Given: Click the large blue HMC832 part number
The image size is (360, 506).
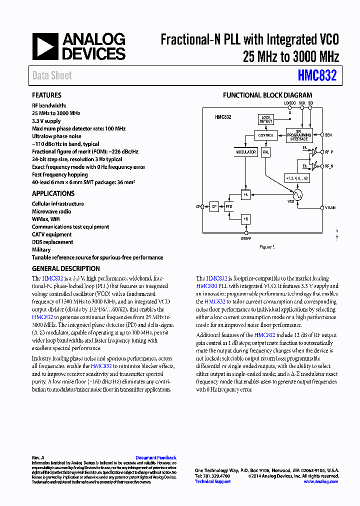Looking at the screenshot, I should click(x=317, y=76).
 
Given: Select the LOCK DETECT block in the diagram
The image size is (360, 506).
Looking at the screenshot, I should click(x=266, y=119).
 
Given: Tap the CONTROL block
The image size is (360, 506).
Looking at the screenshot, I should click(x=265, y=135).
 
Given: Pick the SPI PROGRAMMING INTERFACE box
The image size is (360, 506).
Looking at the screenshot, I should click(x=299, y=135).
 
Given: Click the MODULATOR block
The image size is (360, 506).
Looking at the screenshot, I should click(x=245, y=152).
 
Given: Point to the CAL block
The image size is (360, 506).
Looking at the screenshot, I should click(x=266, y=152).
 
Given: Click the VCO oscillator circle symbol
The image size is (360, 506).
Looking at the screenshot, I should click(x=297, y=195).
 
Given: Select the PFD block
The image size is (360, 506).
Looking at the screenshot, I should click(x=229, y=206).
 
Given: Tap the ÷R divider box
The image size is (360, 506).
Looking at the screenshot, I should click(x=245, y=219).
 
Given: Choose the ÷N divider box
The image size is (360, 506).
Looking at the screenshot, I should click(x=245, y=195).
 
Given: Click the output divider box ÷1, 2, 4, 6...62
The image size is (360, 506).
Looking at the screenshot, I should click(x=297, y=177).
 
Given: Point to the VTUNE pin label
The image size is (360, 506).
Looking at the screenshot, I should click(x=330, y=207).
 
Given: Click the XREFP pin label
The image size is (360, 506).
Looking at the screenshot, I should click(x=246, y=238).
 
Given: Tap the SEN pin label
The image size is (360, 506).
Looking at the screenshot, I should click(x=328, y=135).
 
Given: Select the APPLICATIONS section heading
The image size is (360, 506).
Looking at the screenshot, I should click(x=53, y=193).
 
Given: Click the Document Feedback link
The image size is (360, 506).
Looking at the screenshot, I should click(x=156, y=457).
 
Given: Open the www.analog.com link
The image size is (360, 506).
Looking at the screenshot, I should click(x=320, y=481).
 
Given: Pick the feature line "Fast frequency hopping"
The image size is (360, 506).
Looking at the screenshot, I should click(x=59, y=174).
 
